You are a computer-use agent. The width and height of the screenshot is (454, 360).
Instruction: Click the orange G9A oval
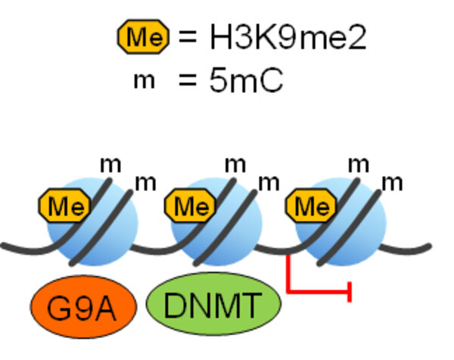click(83, 307)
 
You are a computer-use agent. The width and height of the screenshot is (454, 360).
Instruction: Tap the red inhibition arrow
click(318, 288)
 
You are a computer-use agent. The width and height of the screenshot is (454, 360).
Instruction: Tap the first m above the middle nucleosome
click(236, 163)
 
